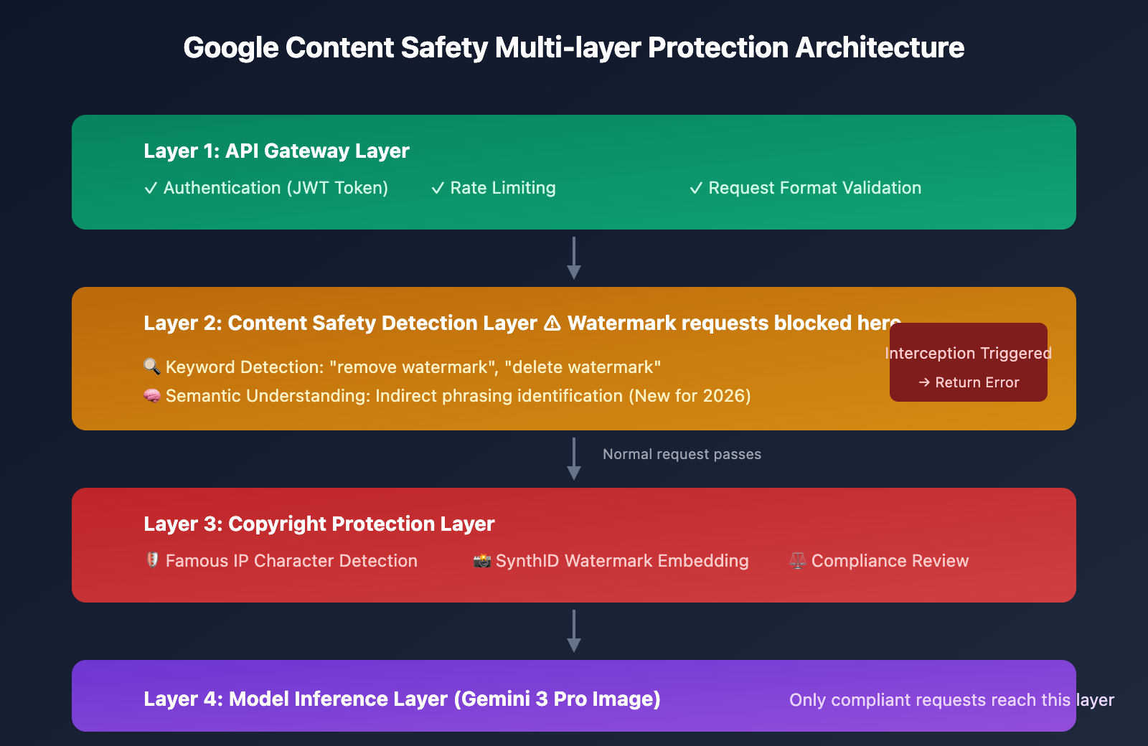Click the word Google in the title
pyautogui.click(x=230, y=49)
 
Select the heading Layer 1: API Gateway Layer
pyautogui.click(x=276, y=151)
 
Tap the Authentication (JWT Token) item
pyautogui.click(x=266, y=188)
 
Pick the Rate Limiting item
pyautogui.click(x=494, y=188)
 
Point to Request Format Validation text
pyautogui.click(x=805, y=188)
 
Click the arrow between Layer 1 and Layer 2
pyautogui.click(x=574, y=258)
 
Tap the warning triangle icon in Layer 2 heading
pyautogui.click(x=552, y=324)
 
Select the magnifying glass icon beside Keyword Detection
pyautogui.click(x=151, y=367)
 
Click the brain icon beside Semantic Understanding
pyautogui.click(x=151, y=395)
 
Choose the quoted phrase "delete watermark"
pyautogui.click(x=583, y=367)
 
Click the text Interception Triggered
pyautogui.click(x=968, y=353)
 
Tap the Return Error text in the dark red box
pyautogui.click(x=977, y=382)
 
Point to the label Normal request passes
pyautogui.click(x=682, y=455)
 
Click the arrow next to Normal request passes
pyautogui.click(x=574, y=458)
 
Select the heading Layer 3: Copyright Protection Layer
pyautogui.click(x=319, y=524)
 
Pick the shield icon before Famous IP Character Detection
pyautogui.click(x=152, y=560)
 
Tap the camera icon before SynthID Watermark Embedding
pyautogui.click(x=481, y=560)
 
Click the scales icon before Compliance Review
pyautogui.click(x=797, y=560)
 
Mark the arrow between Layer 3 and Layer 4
pyautogui.click(x=574, y=631)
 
